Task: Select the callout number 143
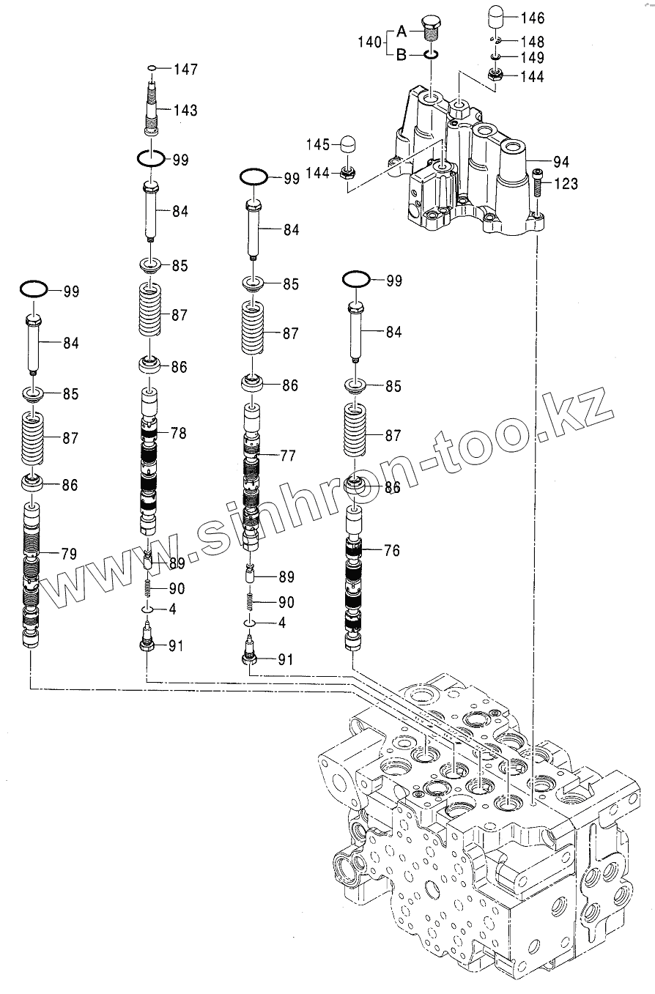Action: click(x=185, y=110)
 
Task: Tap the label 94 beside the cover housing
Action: click(x=561, y=160)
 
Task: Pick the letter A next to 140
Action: click(x=401, y=31)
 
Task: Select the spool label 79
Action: click(x=69, y=554)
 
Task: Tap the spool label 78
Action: click(x=179, y=433)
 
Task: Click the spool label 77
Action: click(x=288, y=456)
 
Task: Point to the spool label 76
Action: click(x=392, y=550)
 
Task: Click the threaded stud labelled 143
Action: click(x=153, y=110)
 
